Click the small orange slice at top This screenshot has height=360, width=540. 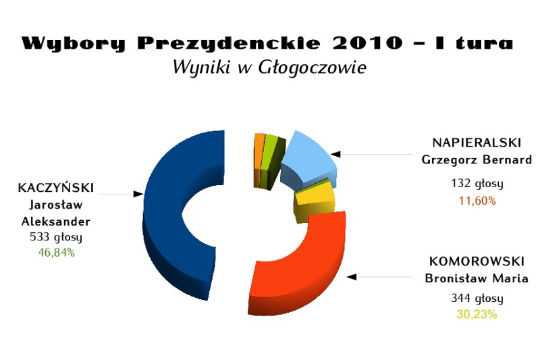(259, 155)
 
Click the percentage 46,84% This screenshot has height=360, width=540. (57, 253)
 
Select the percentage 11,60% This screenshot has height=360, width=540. (477, 201)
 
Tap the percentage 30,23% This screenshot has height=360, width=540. (477, 314)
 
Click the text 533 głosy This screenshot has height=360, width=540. (56, 237)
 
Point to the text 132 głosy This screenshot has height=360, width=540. (477, 183)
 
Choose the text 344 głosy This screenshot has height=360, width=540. (477, 298)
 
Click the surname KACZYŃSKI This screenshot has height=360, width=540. (56, 187)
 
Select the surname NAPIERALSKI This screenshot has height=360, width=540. (477, 143)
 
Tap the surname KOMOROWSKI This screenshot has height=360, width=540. (477, 261)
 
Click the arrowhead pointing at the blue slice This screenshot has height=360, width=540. (138, 194)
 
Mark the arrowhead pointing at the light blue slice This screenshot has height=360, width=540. (335, 154)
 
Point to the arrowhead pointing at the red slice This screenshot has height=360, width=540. (351, 277)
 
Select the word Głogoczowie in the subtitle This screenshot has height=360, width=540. (312, 67)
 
